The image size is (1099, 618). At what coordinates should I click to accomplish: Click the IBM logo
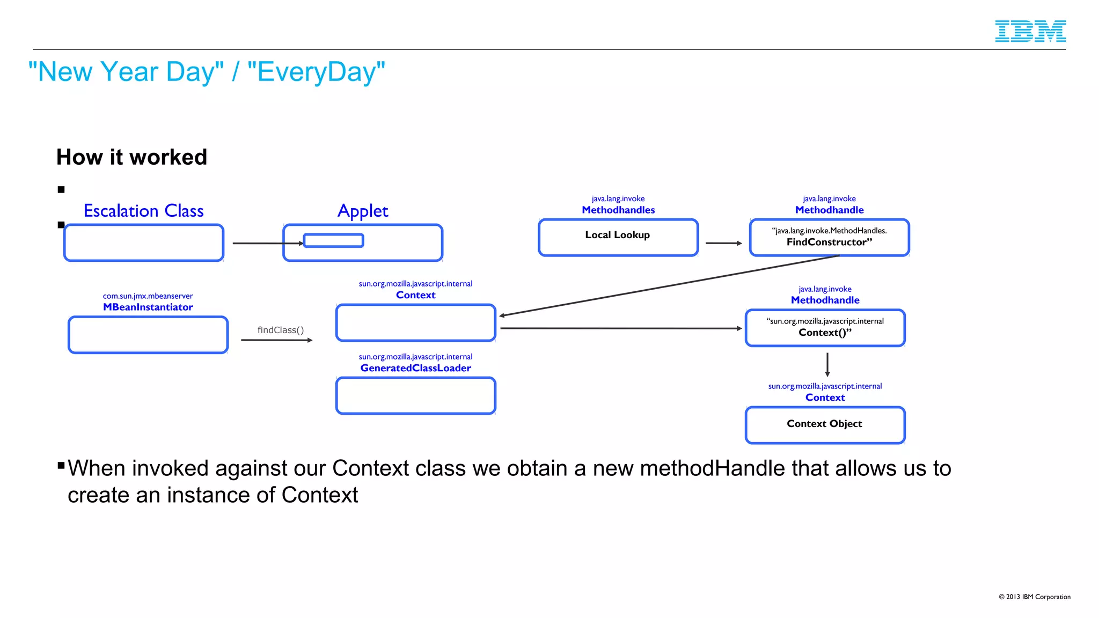(1030, 31)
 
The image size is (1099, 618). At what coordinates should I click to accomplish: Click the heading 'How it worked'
(131, 157)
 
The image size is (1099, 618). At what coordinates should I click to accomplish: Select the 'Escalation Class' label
(143, 211)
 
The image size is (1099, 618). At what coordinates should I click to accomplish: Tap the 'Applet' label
(363, 211)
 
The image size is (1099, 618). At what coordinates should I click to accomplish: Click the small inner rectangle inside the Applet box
(334, 240)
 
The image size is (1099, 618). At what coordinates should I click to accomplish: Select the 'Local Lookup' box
(618, 237)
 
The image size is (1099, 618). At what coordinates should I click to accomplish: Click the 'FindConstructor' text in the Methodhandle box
(829, 242)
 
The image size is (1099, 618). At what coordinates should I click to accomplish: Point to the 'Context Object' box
(825, 424)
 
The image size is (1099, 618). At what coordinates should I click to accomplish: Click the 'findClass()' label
(281, 330)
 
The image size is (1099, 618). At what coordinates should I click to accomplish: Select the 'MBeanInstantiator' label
(148, 307)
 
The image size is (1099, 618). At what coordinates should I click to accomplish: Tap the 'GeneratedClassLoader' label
(416, 368)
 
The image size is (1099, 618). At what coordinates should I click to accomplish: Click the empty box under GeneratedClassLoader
(416, 396)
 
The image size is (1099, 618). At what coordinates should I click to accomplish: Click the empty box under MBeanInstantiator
(148, 335)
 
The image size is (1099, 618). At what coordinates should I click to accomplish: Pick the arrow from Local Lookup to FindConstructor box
(723, 243)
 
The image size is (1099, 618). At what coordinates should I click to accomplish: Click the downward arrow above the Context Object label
(827, 365)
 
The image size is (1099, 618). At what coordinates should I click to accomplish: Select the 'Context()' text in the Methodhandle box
(825, 333)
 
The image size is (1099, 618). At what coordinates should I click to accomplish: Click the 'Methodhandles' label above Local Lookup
(618, 210)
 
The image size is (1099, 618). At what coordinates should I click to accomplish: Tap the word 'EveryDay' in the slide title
(316, 72)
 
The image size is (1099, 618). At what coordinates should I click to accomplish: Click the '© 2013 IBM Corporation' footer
(1034, 597)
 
